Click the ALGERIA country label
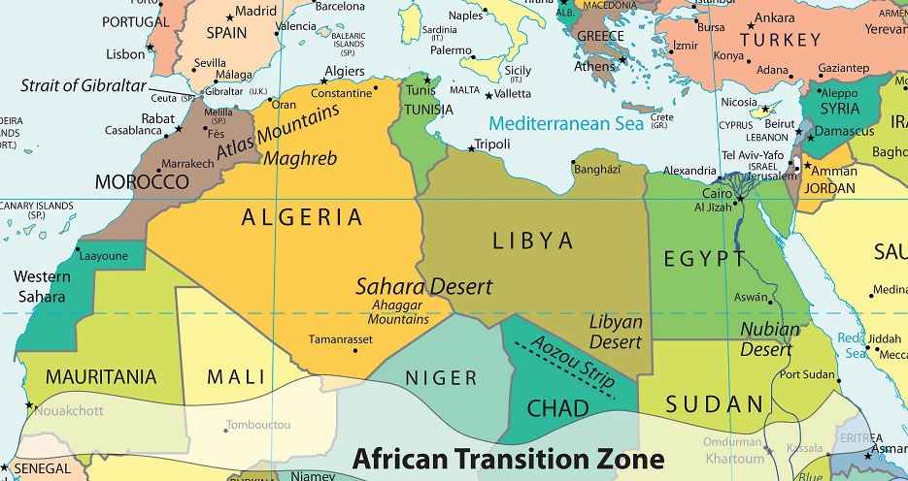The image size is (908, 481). [x=302, y=217]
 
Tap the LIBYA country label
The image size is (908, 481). [x=533, y=240]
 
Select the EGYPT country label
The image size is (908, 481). [x=705, y=259]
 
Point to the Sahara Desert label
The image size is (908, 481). [x=423, y=287]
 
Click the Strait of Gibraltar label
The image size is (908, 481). [x=82, y=85]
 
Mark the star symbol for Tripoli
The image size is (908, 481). [x=472, y=148]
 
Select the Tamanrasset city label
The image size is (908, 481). [x=340, y=339]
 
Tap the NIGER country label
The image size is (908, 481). [x=441, y=378]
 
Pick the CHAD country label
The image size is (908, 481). [x=557, y=408]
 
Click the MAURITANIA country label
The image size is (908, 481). [x=87, y=376]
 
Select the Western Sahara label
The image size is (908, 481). [x=41, y=287]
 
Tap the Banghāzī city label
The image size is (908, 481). [x=597, y=170]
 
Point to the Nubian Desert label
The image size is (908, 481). [x=770, y=338]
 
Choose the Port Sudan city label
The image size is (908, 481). [x=808, y=374]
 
